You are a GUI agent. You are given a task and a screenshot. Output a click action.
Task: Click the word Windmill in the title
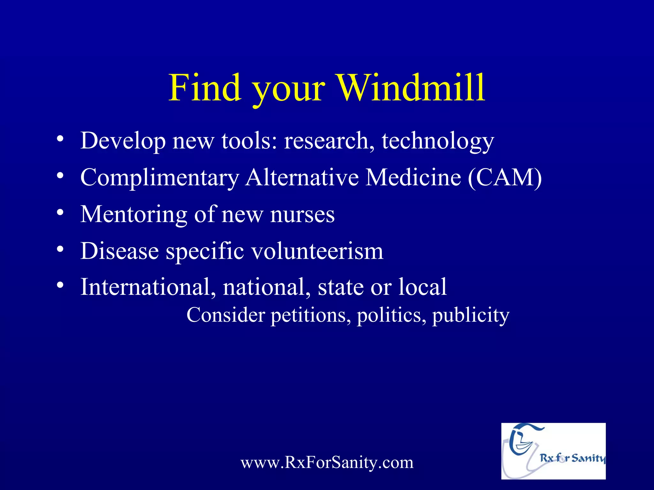[411, 88]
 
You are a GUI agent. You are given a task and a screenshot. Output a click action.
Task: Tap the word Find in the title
[204, 88]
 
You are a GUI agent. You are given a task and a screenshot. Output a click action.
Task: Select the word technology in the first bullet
[437, 141]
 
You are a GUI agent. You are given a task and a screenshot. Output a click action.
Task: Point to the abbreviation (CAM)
[505, 178]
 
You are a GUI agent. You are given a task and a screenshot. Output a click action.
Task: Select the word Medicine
[413, 178]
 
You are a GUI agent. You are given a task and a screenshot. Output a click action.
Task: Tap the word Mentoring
[133, 215]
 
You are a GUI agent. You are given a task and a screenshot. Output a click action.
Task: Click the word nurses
[302, 215]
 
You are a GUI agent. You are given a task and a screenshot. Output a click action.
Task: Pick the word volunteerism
[317, 251]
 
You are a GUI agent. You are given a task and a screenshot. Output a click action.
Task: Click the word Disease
[119, 251]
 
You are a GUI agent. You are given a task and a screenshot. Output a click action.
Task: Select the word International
[145, 287]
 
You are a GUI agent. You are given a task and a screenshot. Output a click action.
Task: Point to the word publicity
[471, 316]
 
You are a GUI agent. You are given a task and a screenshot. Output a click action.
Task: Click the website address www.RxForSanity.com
[327, 463]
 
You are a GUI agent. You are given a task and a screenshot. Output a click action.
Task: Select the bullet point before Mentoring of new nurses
[60, 213]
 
